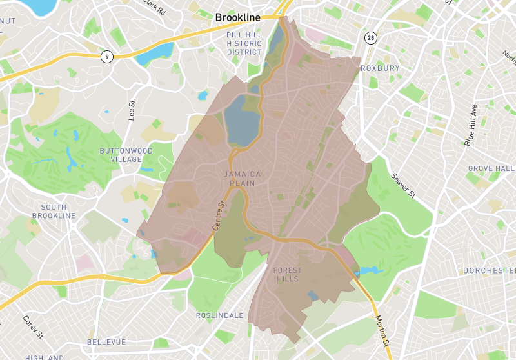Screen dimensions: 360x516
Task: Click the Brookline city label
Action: (237, 18)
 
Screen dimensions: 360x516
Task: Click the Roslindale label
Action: (219, 315)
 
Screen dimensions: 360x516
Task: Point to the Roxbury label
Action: (380, 68)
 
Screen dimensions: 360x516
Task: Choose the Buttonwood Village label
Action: (126, 155)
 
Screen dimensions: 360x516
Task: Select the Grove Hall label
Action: (491, 168)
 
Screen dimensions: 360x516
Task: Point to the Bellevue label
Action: (106, 341)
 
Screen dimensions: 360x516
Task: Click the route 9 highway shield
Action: (107, 57)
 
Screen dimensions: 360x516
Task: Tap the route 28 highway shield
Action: (370, 37)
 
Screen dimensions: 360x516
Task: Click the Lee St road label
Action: (133, 110)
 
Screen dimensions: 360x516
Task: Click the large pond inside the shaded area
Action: (240, 121)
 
